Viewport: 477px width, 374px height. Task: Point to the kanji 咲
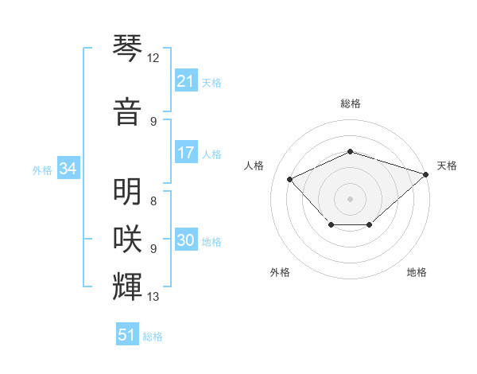tap(128, 238)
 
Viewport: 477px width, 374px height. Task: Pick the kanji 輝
tap(128, 285)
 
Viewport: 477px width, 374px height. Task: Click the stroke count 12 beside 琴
tap(153, 58)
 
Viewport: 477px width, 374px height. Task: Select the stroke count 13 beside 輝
tap(153, 297)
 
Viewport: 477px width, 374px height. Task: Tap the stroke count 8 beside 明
tap(153, 202)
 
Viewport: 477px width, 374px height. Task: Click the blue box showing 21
tap(185, 80)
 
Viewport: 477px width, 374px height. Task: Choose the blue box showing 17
tap(185, 153)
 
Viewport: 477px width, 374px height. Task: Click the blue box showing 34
tap(68, 169)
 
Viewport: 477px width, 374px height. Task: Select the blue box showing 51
tap(127, 335)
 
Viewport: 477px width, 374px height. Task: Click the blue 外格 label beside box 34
tap(42, 169)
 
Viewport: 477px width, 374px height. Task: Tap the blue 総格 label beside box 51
tap(153, 337)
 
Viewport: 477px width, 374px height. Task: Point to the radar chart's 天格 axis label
tap(447, 166)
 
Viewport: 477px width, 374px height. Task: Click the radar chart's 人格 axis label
tap(254, 166)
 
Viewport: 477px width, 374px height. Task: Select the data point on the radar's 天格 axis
tap(427, 174)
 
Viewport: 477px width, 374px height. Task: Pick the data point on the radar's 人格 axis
tap(290, 180)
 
